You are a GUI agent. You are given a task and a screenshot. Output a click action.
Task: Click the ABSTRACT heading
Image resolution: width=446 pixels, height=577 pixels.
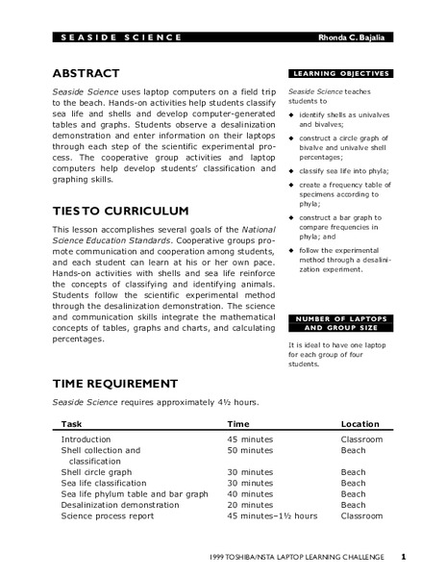(86, 73)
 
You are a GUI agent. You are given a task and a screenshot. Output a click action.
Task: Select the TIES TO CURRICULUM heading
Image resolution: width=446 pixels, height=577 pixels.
(120, 211)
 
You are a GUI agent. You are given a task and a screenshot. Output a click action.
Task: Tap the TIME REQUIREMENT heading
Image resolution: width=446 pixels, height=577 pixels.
(114, 383)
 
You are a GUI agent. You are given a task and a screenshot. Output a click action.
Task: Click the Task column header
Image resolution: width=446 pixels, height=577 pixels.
(72, 423)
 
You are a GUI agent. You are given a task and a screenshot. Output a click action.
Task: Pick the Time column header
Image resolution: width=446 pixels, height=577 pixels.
(238, 423)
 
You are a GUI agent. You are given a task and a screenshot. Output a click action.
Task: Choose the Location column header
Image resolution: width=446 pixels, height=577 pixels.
(361, 423)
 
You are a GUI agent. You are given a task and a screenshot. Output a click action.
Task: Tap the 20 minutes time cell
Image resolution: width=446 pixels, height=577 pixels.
(253, 505)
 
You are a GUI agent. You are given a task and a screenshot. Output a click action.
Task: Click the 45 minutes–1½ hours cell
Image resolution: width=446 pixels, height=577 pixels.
(272, 516)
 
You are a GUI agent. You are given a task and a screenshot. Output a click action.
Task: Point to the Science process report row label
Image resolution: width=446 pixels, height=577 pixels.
(108, 516)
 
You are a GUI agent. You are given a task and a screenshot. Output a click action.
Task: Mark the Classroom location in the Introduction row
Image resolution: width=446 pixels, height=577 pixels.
(361, 439)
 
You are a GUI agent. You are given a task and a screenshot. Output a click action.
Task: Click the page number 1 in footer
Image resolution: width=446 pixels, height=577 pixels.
(404, 556)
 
